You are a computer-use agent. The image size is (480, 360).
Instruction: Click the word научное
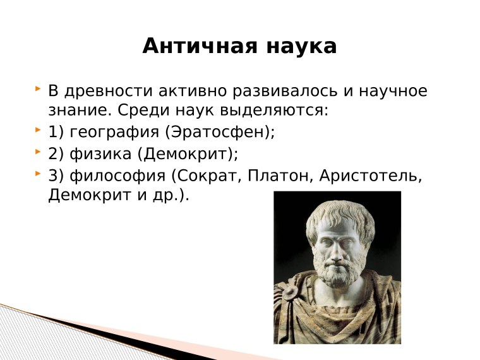393,92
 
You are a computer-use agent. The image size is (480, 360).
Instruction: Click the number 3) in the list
56,176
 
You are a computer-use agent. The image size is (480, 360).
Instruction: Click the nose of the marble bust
333,243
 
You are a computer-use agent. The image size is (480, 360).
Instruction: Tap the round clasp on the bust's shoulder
290,294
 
